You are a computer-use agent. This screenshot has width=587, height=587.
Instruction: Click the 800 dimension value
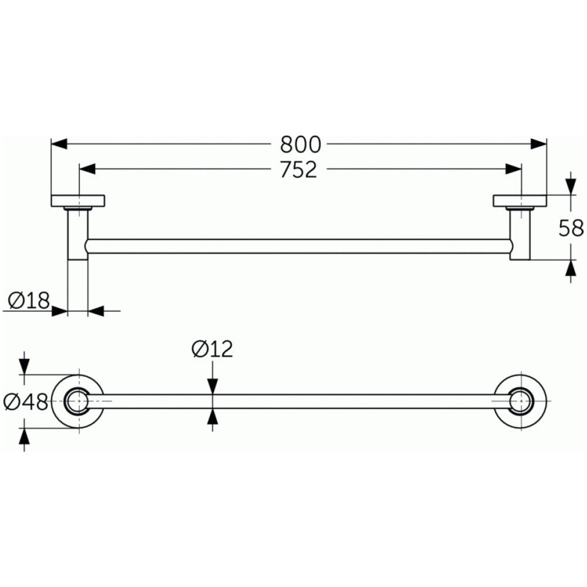click(300, 144)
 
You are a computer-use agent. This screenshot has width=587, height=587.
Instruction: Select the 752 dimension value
click(298, 169)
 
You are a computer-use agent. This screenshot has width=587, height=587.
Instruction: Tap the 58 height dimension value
click(571, 228)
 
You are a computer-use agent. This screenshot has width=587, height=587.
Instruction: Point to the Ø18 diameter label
click(29, 300)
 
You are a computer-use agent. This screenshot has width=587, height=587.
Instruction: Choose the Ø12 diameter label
click(212, 349)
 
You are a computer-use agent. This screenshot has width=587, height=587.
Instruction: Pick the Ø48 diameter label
click(25, 402)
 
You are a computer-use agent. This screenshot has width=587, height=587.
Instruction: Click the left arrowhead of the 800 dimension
click(59, 144)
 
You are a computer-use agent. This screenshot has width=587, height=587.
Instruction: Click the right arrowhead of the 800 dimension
click(538, 144)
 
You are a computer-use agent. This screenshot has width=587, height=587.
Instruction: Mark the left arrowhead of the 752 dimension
click(87, 169)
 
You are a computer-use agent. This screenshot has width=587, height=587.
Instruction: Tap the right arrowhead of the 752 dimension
click(513, 169)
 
